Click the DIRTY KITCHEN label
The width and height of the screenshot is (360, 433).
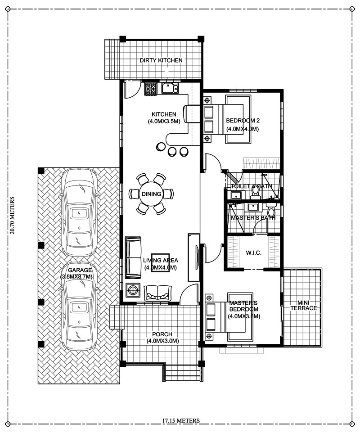161,60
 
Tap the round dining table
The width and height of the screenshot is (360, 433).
151,194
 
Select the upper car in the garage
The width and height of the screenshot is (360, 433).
80,212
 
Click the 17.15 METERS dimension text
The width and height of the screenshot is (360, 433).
181,421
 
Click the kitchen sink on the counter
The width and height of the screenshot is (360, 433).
170,88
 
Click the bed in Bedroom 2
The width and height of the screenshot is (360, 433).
229,119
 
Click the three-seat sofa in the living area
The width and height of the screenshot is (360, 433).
133,258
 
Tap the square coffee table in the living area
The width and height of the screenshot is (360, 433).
160,260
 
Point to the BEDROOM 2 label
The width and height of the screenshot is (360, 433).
243,121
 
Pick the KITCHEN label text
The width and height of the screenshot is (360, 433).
164,114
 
